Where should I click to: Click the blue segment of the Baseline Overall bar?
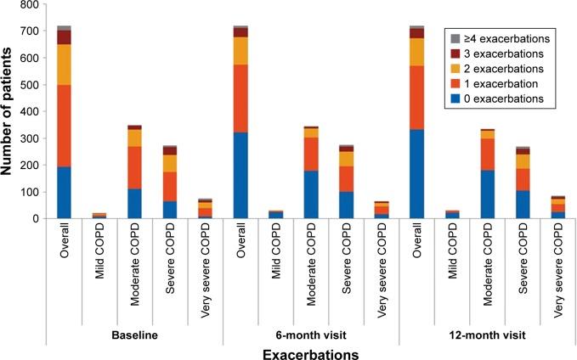64,193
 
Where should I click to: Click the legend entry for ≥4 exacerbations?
503,38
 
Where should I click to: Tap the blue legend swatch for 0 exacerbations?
455,99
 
